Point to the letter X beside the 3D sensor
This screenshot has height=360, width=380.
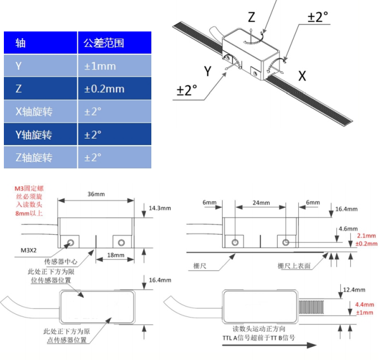[x=302, y=76]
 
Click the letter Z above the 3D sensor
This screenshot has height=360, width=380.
[x=251, y=17]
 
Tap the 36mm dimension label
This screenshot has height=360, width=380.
[x=96, y=194]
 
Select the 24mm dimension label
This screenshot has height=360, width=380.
[x=261, y=203]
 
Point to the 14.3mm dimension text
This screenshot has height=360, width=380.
[x=160, y=209]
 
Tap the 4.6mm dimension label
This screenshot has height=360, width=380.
[x=348, y=228]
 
